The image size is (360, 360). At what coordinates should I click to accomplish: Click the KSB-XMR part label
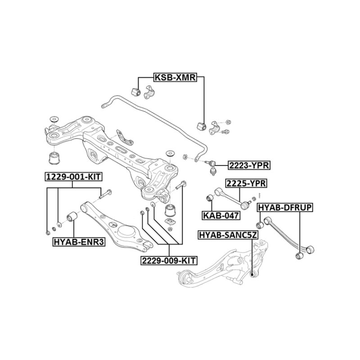(175, 77)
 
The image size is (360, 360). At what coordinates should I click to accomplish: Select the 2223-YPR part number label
(248, 166)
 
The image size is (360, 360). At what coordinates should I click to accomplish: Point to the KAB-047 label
(220, 215)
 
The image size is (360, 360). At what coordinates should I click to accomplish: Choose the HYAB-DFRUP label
(284, 207)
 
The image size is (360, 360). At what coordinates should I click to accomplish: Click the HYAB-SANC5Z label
(228, 234)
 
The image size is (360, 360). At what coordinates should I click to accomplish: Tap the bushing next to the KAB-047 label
(209, 198)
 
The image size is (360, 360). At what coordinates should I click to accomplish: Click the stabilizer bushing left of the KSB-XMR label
(135, 90)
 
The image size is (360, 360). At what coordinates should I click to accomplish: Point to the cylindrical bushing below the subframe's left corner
(54, 158)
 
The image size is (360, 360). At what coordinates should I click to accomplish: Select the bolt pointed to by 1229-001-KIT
(104, 194)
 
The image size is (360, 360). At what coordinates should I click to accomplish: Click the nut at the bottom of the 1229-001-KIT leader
(48, 233)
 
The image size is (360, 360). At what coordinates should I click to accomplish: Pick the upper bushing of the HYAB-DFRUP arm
(260, 224)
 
